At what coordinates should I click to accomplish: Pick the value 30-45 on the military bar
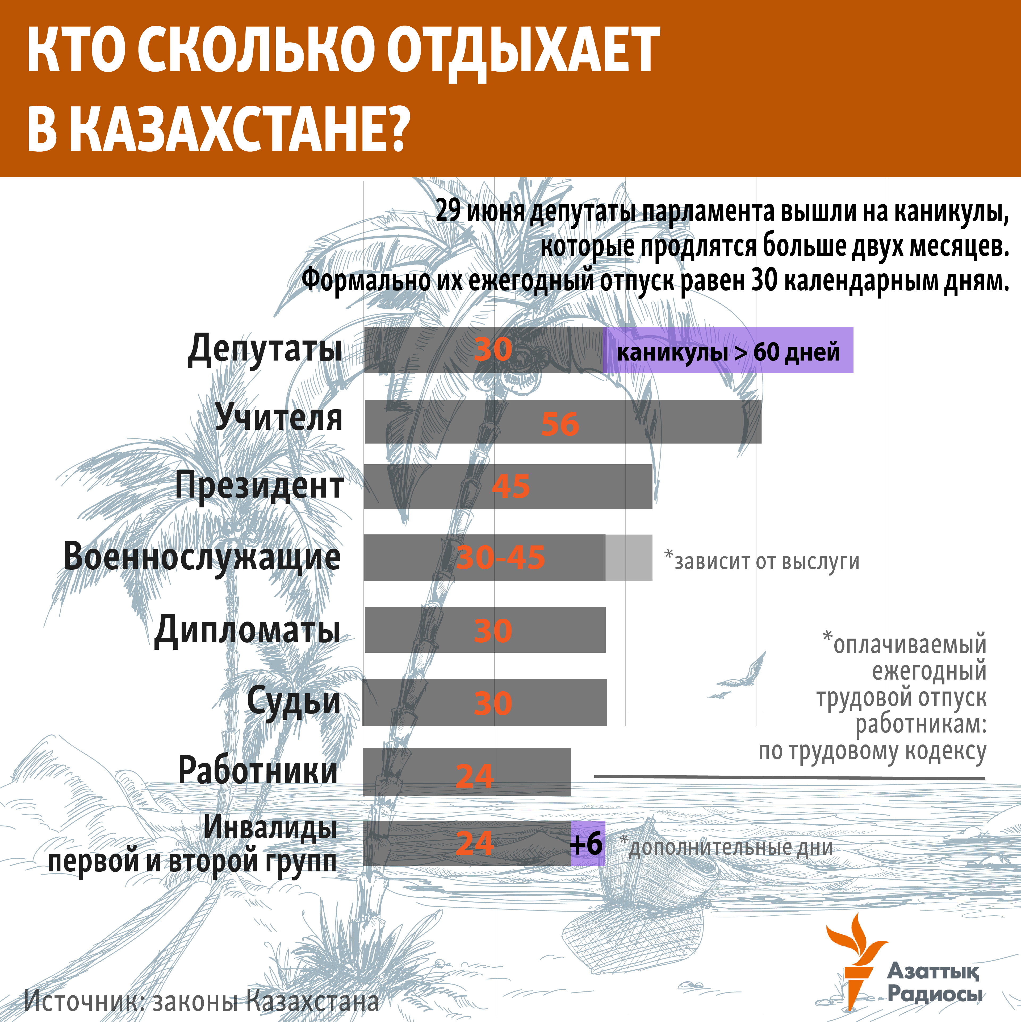tap(500, 557)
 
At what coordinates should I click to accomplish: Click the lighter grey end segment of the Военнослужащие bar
tap(629, 557)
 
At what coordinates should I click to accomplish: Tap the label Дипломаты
tap(247, 630)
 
